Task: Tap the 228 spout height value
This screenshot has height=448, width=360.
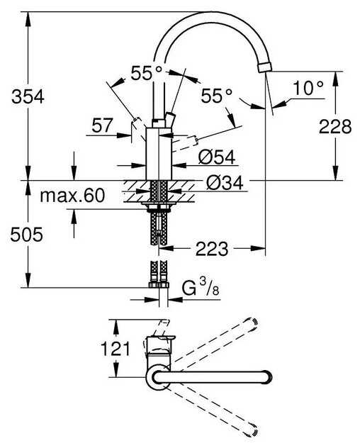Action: point(334,126)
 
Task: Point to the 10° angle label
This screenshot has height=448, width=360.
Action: point(308,89)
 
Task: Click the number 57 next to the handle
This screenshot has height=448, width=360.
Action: point(103,126)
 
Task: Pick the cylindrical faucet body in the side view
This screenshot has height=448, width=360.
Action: point(158,152)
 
